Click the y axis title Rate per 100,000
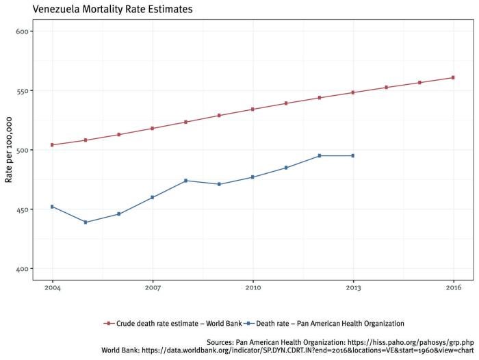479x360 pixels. pyautogui.click(x=9, y=150)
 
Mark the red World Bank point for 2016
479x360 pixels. pyautogui.click(x=453, y=77)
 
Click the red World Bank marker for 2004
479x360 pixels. pyautogui.click(x=52, y=145)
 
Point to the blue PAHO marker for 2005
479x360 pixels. pyautogui.click(x=86, y=222)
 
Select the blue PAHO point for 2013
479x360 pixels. pyautogui.click(x=353, y=156)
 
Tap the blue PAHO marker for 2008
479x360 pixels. pyautogui.click(x=186, y=181)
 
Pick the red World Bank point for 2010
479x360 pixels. pyautogui.click(x=253, y=110)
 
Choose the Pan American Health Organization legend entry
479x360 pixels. pyautogui.click(x=326, y=322)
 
